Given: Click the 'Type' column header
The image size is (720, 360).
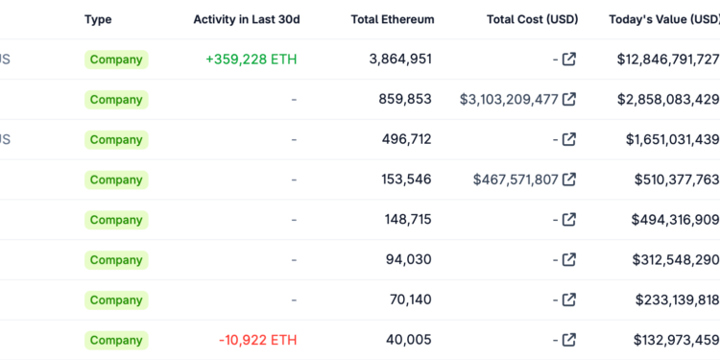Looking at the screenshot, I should click(x=98, y=19).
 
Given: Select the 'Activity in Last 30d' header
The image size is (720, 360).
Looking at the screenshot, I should click(x=246, y=19).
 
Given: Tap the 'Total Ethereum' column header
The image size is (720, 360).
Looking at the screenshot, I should click(x=392, y=19).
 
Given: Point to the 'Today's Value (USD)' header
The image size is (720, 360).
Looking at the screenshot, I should click(x=663, y=19).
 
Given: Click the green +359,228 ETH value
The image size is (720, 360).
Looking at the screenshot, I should click(x=251, y=60).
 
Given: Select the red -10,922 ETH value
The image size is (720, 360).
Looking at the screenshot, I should click(x=257, y=340).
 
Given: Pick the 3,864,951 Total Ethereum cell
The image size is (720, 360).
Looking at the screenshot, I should click(x=400, y=60).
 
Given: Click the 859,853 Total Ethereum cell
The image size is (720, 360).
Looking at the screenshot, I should click(x=404, y=99).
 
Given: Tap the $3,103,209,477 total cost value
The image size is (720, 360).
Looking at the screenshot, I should click(x=509, y=100).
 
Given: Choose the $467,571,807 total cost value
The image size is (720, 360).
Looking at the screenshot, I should click(x=516, y=180).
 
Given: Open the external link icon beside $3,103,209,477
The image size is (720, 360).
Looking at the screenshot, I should click(x=569, y=100).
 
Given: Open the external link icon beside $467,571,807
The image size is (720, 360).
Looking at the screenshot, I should click(x=569, y=180).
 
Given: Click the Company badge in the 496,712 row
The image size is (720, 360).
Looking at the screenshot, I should click(x=116, y=140).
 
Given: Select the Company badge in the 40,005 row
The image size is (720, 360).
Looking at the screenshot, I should click(x=116, y=340).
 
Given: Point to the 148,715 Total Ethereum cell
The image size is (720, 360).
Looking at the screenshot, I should click(x=407, y=220).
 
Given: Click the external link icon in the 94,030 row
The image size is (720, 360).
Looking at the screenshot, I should click(x=569, y=260).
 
